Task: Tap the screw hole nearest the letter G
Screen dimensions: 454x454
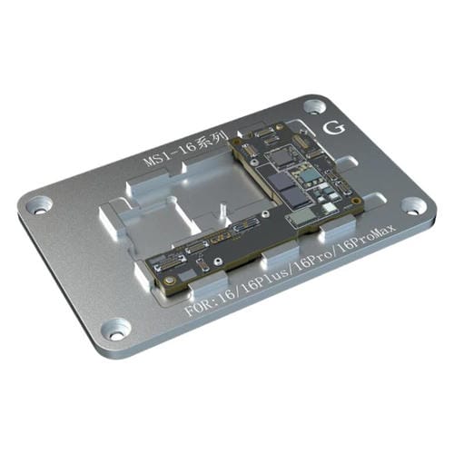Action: tap(314, 107)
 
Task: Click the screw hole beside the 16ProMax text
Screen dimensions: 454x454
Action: tap(413, 205)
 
